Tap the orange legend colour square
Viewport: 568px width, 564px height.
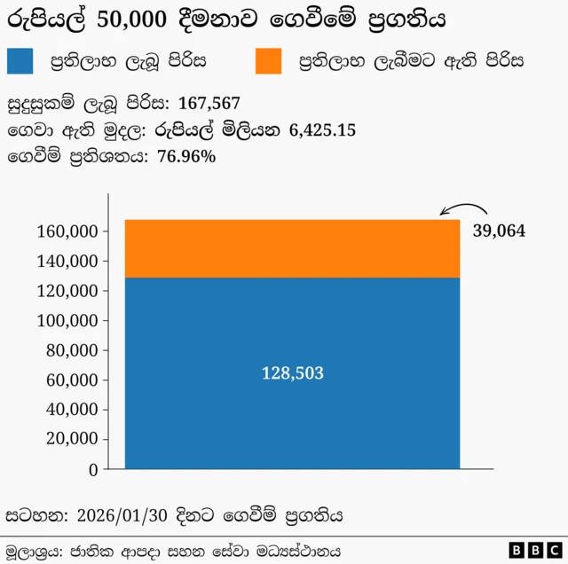coord(267,60)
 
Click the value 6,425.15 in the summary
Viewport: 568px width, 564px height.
coord(323,130)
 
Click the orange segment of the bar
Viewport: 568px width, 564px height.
coord(292,248)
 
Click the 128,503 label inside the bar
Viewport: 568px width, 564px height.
coord(292,373)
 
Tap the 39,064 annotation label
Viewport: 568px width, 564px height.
coord(499,231)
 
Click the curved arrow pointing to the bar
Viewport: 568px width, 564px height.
coord(466,210)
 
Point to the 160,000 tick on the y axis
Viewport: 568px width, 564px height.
coord(69,231)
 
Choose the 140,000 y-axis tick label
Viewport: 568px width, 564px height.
coord(69,262)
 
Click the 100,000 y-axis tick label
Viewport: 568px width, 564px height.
coord(69,321)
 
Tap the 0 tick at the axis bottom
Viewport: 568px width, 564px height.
coord(93,470)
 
